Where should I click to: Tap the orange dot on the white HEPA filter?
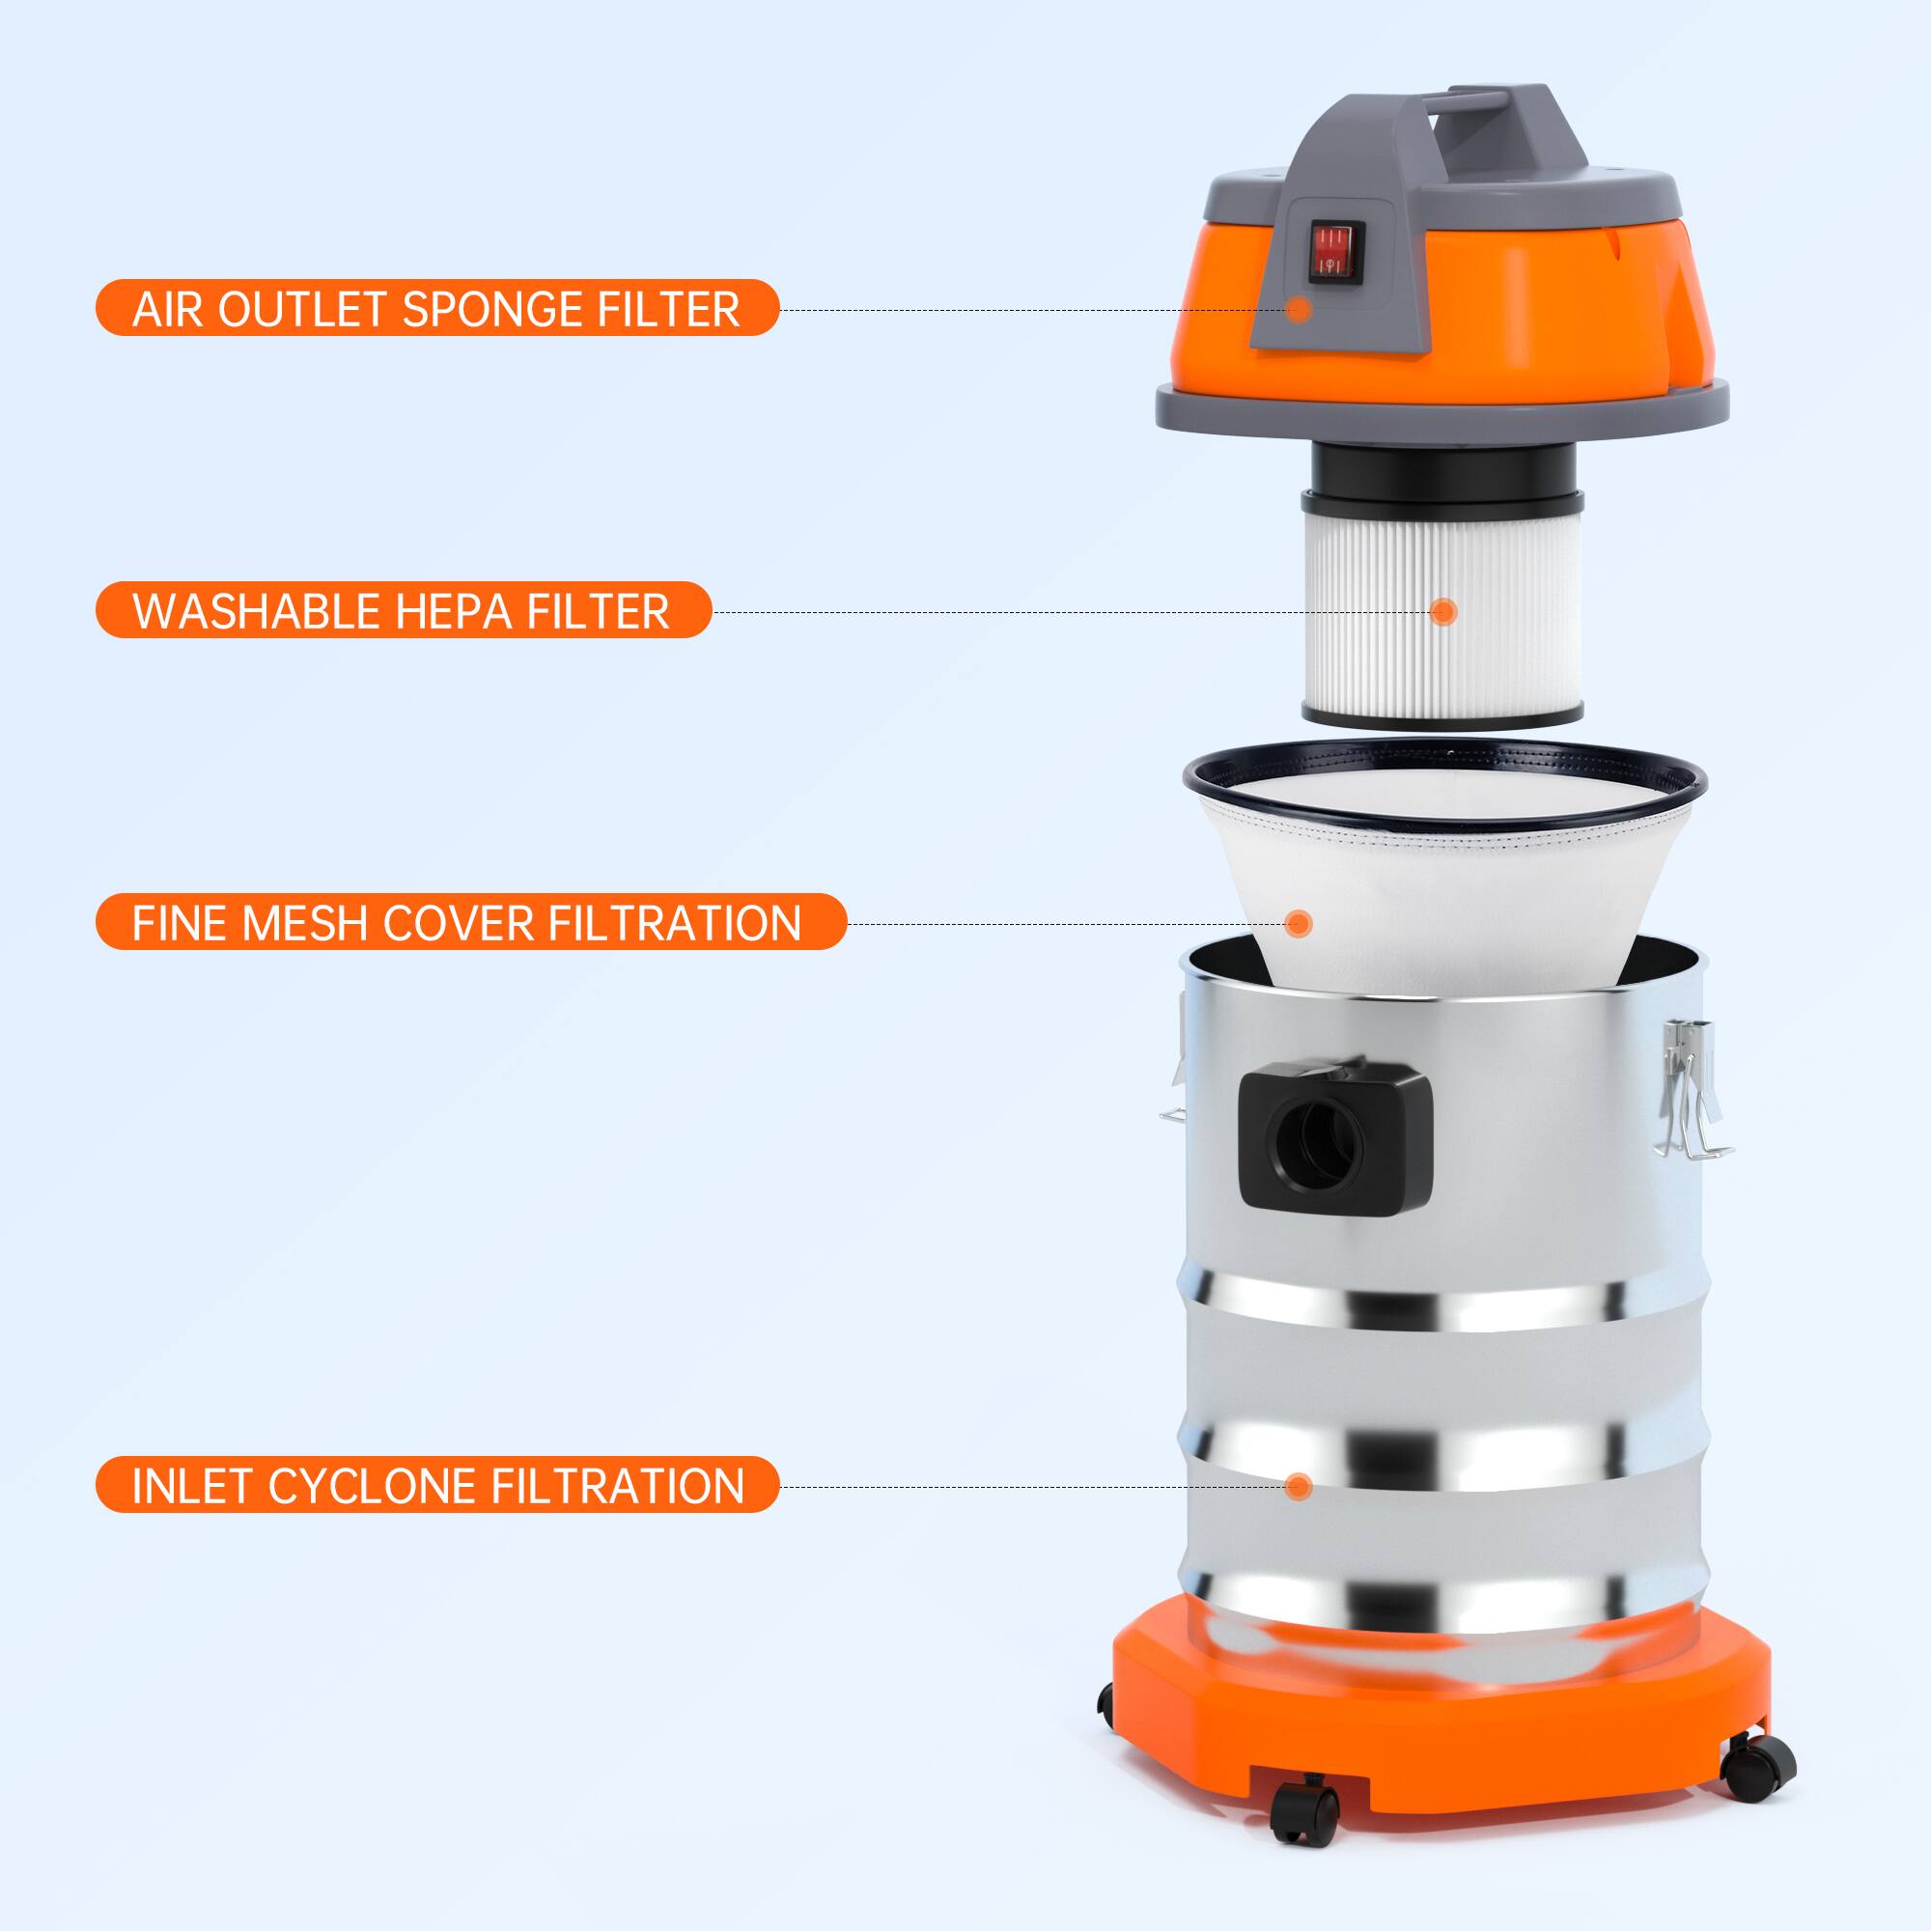1442,612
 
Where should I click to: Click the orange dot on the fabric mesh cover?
1299,922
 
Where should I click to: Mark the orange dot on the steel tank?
1299,1486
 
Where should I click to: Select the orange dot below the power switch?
1299,309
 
